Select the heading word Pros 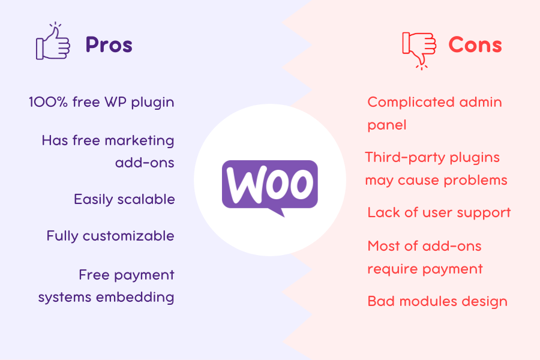click(109, 45)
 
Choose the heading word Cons click(475, 45)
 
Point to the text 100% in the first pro click(48, 103)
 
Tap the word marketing click(139, 141)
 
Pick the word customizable click(128, 236)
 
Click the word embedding click(135, 298)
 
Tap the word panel click(387, 125)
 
